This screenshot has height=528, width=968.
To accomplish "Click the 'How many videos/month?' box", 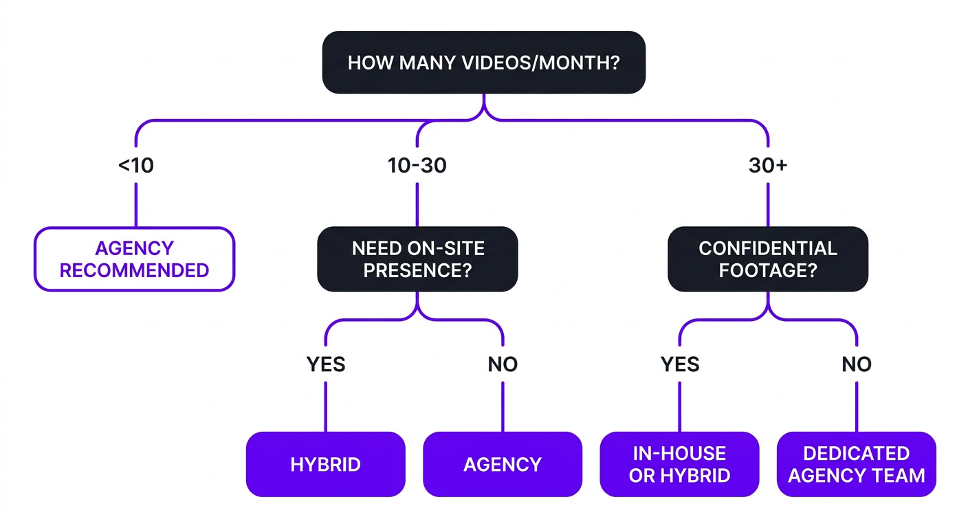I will (483, 63).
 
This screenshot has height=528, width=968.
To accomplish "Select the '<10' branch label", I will (135, 166).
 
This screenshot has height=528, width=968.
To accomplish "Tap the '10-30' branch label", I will (417, 166).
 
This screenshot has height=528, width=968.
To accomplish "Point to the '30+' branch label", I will (767, 166).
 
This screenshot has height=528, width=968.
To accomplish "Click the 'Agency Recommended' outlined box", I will (134, 258).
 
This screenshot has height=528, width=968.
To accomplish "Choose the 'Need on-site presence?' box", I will (417, 258).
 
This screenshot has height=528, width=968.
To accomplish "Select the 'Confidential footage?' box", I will (767, 258).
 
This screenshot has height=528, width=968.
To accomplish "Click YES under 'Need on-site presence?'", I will (326, 364).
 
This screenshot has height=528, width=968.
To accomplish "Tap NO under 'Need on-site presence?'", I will (503, 364).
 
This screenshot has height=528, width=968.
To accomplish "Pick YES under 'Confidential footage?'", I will (679, 364).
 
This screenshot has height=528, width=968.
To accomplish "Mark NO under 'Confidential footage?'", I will (857, 364).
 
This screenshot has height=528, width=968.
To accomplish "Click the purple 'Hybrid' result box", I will (325, 464).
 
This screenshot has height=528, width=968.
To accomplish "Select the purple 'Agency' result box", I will (503, 464).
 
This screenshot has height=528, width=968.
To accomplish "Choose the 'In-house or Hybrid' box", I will (679, 464).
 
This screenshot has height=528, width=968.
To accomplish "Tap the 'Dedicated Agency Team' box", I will (857, 464).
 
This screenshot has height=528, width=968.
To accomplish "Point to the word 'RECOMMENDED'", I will (134, 270).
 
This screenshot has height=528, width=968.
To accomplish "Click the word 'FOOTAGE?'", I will (767, 270).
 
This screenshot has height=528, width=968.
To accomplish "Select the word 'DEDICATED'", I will (857, 453).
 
